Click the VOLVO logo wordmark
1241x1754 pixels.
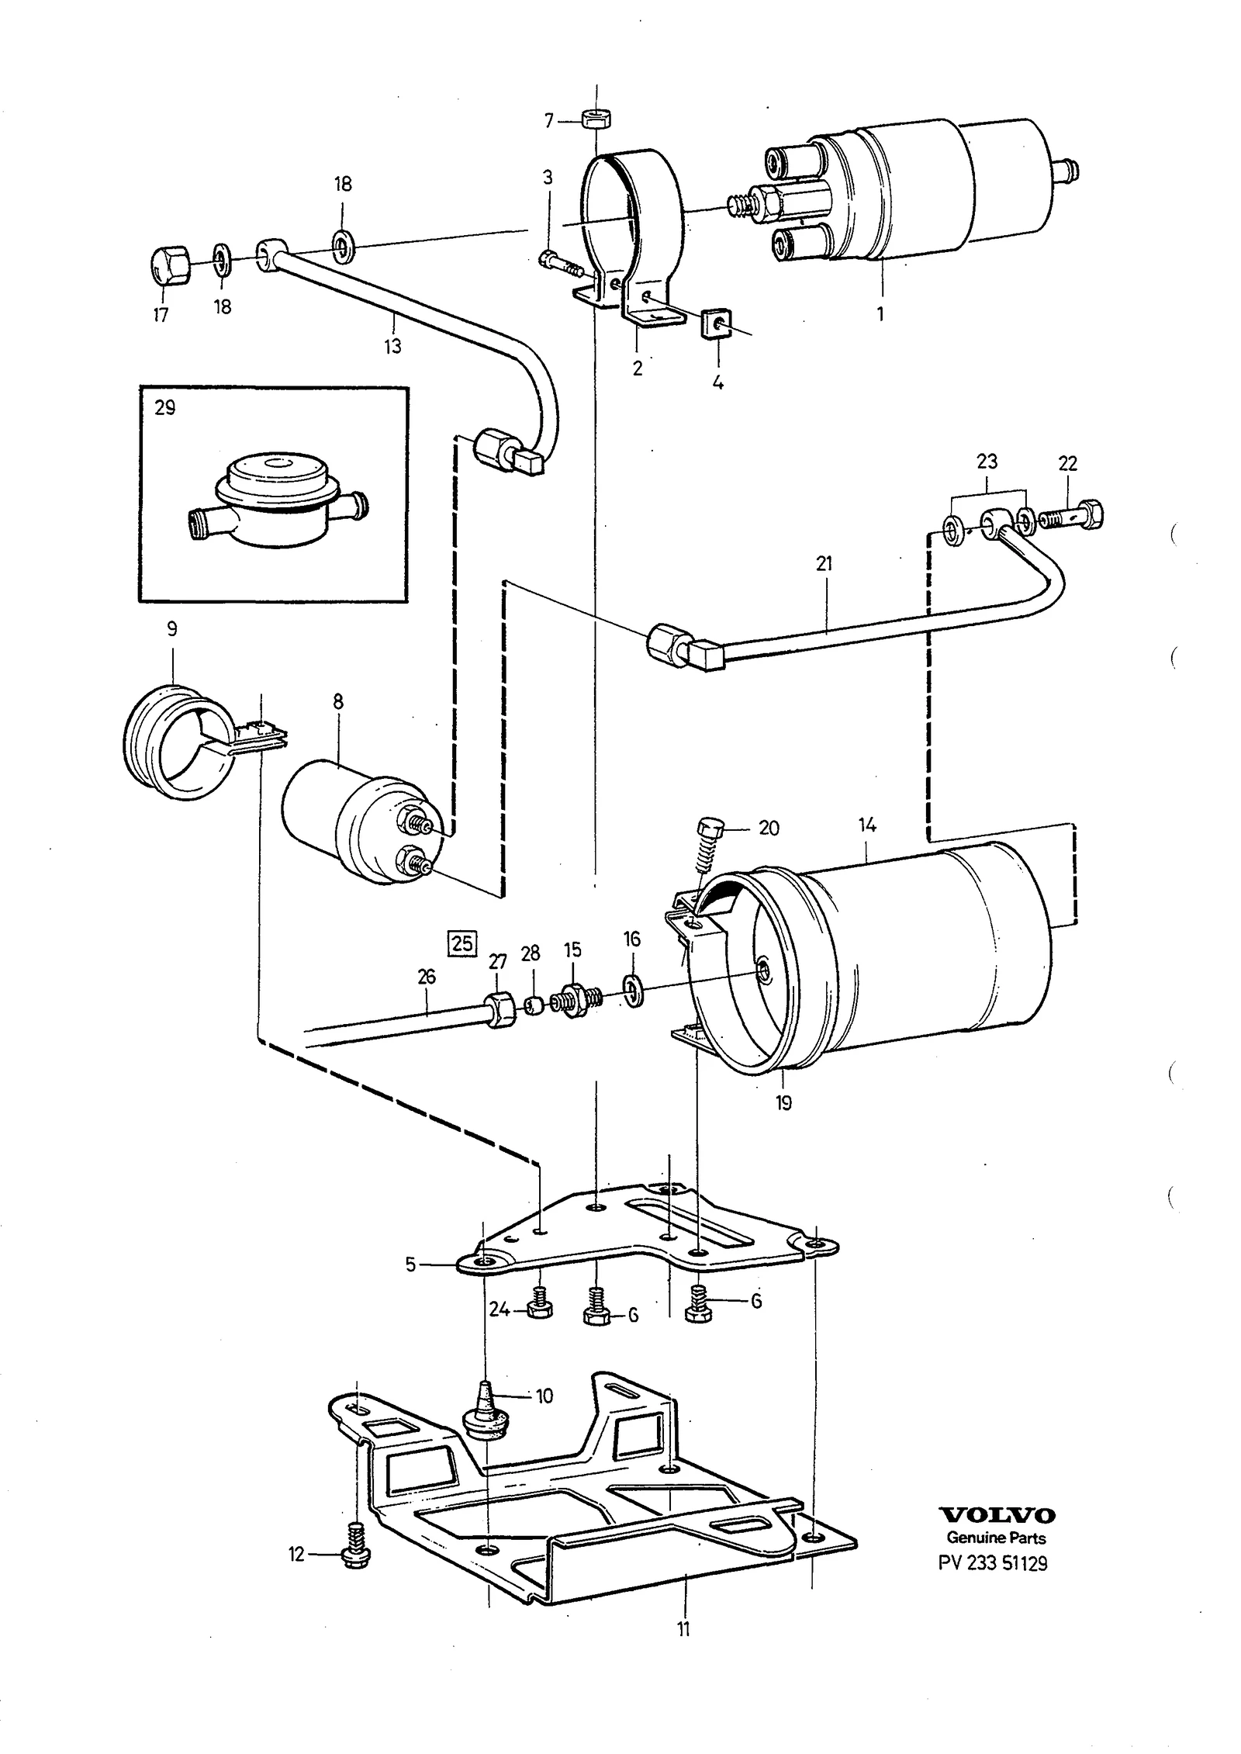[997, 1515]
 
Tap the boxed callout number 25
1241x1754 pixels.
[462, 943]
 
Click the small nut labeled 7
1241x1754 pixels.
[593, 119]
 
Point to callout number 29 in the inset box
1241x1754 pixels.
[165, 407]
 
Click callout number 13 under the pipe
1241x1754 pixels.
[392, 346]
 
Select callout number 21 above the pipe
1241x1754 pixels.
[824, 564]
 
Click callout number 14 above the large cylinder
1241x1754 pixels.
[867, 825]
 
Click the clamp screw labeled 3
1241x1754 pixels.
[560, 266]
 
